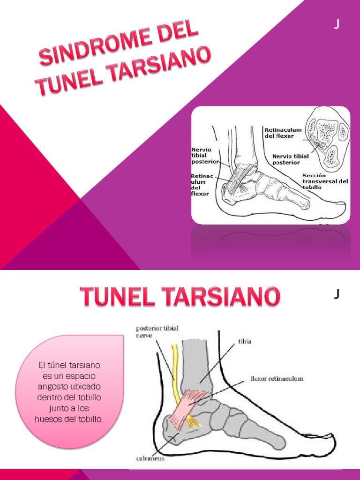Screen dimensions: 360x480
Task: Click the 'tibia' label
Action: [244, 342]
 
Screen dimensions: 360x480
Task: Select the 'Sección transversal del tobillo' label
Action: [325, 181]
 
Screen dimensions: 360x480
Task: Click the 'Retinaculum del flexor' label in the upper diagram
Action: [283, 133]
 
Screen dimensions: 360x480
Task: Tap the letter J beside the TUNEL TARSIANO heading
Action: [336, 294]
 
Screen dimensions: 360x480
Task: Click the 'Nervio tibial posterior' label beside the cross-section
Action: [291, 159]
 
